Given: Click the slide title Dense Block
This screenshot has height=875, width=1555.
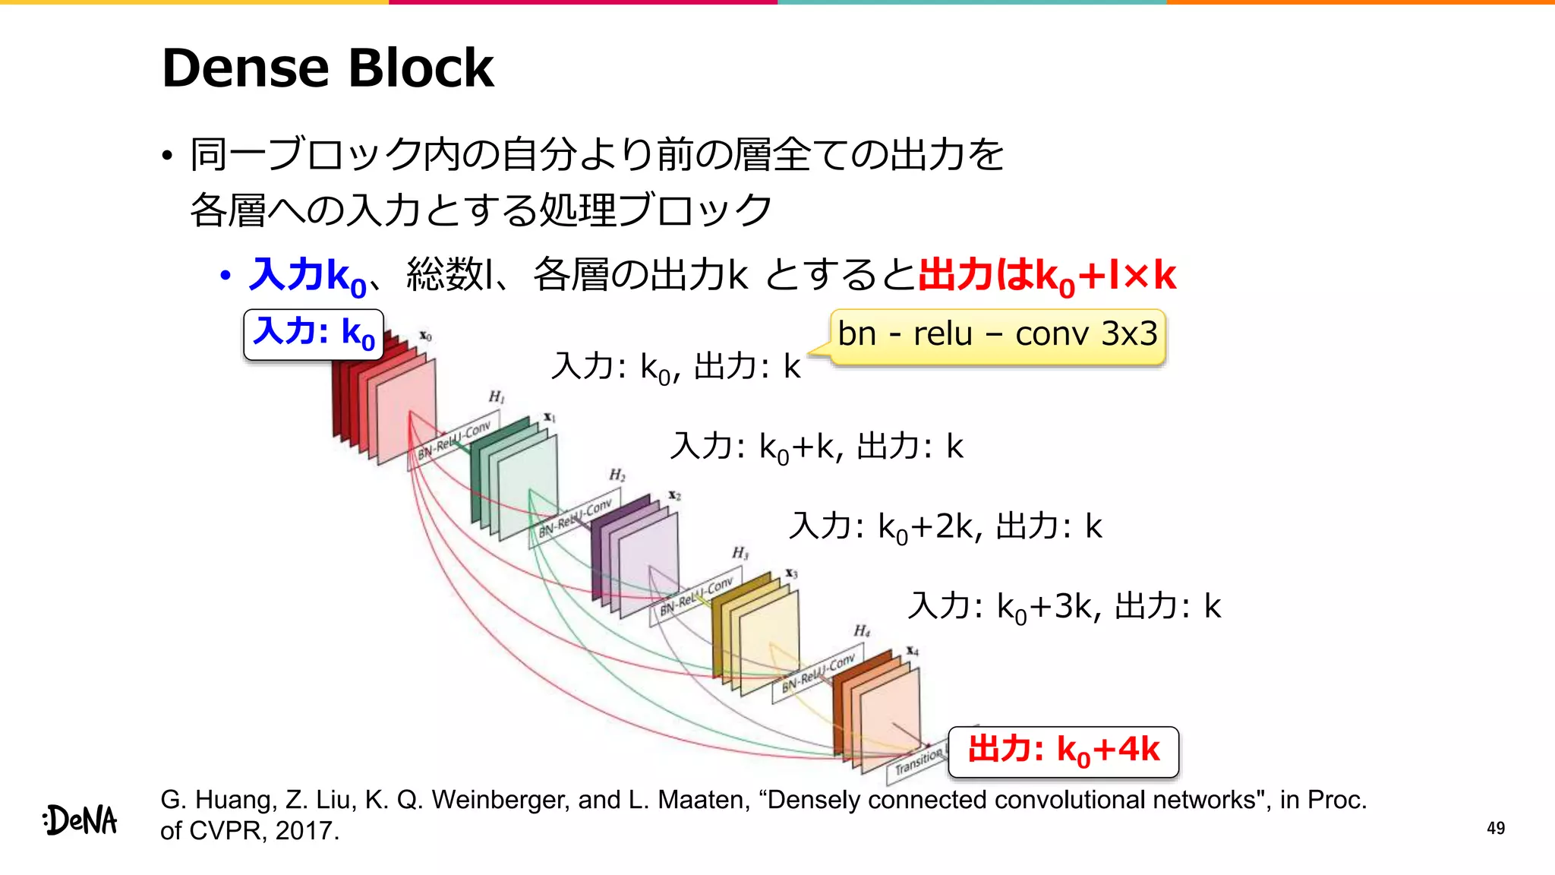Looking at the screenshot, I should coord(327,68).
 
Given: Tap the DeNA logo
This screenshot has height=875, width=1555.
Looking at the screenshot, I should coord(80,820).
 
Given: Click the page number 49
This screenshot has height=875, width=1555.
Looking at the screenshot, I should coord(1495,828).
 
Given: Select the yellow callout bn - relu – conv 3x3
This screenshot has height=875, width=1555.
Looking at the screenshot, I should coord(997,335).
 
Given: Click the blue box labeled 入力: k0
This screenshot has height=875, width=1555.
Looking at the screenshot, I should coord(314,333).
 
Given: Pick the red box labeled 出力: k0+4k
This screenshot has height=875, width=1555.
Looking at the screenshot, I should coord(1063,751).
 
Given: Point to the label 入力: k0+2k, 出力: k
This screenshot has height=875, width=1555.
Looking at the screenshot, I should coord(945,526).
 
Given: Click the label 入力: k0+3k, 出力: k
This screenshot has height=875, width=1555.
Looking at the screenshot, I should coord(1064,607).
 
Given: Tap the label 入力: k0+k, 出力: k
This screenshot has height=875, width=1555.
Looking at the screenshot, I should coord(816,447).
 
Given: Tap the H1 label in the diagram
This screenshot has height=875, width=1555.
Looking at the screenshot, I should coord(496,396).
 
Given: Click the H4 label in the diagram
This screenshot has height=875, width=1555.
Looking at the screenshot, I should coord(861,630).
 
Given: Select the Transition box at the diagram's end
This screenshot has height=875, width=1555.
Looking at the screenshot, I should coord(917,762).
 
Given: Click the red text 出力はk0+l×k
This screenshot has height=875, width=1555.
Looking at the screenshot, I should coord(1046,276).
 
